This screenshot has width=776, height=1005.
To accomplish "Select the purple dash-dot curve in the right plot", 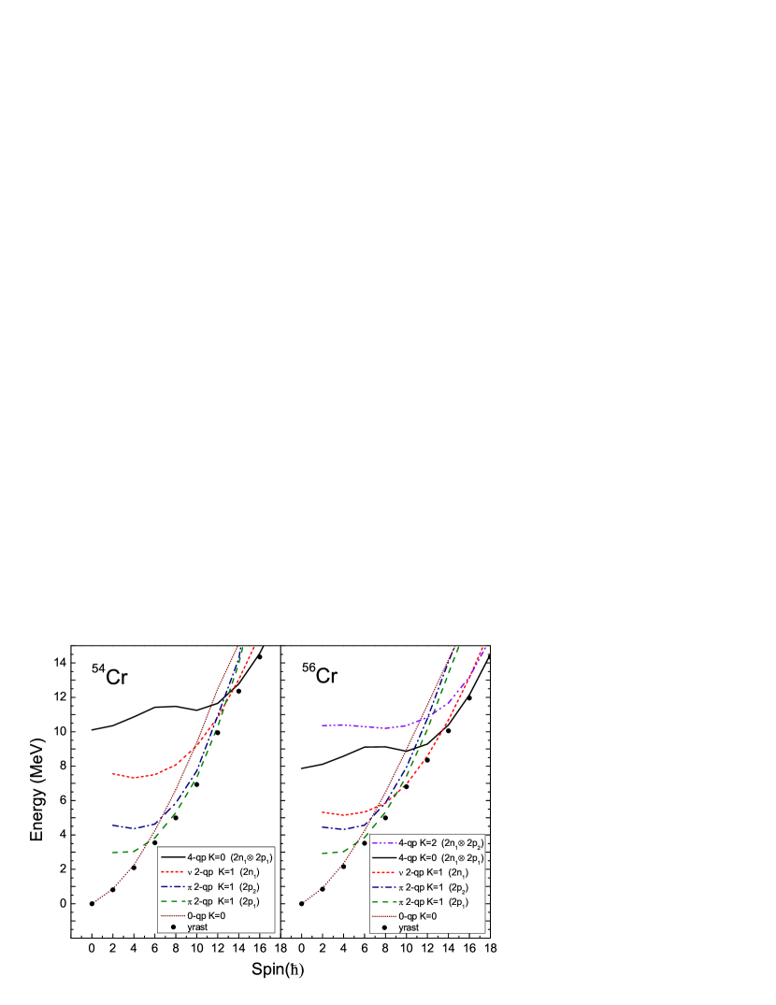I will pyautogui.click(x=355, y=725).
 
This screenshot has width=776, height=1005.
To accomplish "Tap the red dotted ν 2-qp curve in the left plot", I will pyautogui.click(x=140, y=776).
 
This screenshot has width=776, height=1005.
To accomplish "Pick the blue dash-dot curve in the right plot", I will pyautogui.click(x=341, y=828).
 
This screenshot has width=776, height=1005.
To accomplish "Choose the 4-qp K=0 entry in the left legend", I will pyautogui.click(x=217, y=856).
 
